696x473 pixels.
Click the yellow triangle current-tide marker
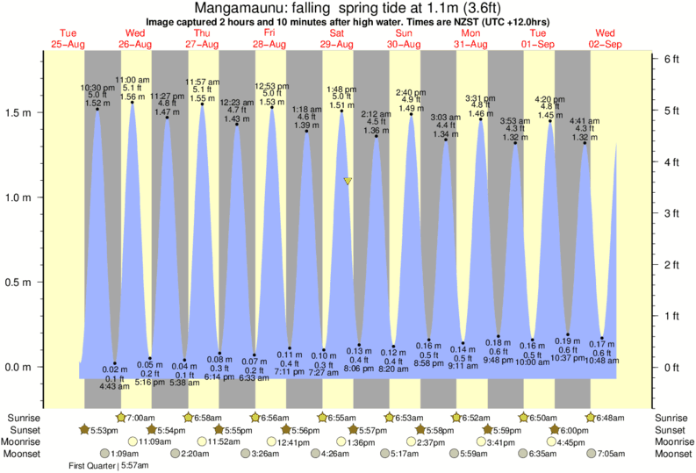tap(348, 182)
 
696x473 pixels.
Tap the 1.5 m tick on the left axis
tap(20, 113)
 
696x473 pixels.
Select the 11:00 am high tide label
tap(133, 79)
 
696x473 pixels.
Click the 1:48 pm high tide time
tap(341, 89)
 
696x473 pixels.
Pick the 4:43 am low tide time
tap(115, 386)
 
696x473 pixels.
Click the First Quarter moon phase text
tap(94, 466)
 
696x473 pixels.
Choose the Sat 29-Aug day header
tap(337, 39)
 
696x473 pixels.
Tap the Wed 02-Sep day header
tap(606, 39)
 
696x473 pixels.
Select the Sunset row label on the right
tap(671, 429)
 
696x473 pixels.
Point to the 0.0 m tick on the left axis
tap(20, 367)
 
